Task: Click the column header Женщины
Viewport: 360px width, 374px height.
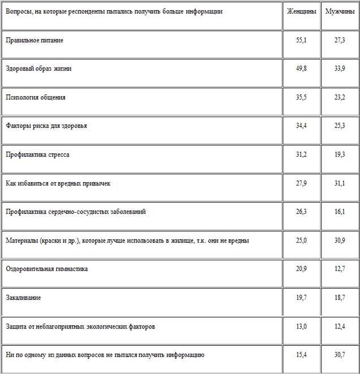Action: click(301, 12)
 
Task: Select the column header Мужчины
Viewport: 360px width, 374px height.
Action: click(340, 12)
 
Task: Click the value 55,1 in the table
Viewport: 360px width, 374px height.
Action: click(301, 41)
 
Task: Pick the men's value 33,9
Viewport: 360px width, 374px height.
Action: click(340, 69)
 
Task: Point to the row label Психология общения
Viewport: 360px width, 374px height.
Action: click(36, 97)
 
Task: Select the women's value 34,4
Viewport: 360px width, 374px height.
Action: click(301, 126)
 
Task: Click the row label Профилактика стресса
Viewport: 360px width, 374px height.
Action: click(37, 154)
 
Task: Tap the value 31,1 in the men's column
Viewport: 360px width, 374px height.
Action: click(340, 183)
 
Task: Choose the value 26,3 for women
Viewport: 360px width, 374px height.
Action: click(301, 212)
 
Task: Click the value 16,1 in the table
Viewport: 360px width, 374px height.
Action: click(340, 212)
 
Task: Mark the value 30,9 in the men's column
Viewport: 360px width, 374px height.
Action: click(340, 240)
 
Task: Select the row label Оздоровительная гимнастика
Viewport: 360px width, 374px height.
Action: click(47, 269)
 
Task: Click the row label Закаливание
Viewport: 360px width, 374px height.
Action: click(23, 298)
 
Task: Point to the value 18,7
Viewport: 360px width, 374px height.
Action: click(340, 298)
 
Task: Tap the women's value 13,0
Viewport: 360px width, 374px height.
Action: click(301, 326)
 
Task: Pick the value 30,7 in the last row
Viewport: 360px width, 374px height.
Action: click(340, 355)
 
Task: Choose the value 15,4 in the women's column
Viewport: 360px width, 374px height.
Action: click(301, 355)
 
